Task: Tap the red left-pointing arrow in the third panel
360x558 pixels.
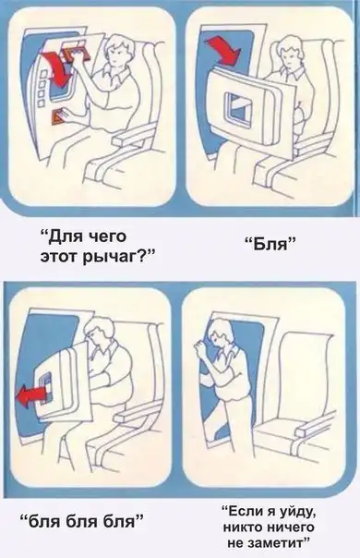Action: tap(31, 395)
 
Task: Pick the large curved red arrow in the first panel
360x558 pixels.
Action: tap(56, 68)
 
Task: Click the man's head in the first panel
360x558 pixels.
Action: tap(118, 50)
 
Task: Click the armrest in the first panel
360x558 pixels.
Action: tap(132, 136)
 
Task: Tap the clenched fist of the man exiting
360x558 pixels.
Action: tap(199, 346)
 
